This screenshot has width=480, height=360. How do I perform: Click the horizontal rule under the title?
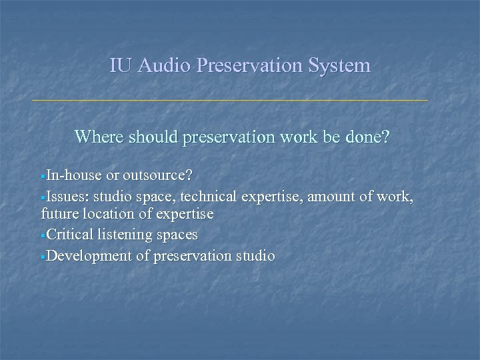[x=230, y=100]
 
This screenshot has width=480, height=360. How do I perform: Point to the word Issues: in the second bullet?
[x=69, y=196]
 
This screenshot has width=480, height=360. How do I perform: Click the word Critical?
[x=71, y=235]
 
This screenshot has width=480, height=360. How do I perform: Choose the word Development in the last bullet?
[x=90, y=255]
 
